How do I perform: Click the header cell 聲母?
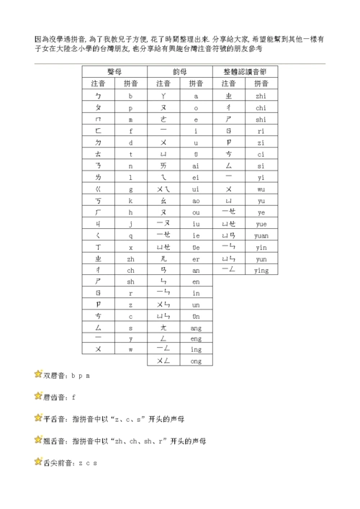pos(114,72)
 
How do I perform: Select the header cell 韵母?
pos(180,72)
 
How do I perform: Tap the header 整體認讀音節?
pos(246,72)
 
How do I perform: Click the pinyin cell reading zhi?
pos(261,95)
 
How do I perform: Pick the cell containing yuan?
pos(261,235)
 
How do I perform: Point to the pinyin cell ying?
pos(261,270)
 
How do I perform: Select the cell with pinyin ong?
pos(196,360)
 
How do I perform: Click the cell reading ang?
pos(196,326)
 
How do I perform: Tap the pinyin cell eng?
pos(196,338)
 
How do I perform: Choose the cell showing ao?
pos(196,200)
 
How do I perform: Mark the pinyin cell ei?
pos(196,176)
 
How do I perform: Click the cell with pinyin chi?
pos(261,107)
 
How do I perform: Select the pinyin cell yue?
pos(261,223)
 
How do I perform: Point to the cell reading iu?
pos(196,223)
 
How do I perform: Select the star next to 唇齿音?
pos(38,395)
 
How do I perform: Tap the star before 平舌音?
pos(38,417)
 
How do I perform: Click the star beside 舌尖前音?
pos(38,461)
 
